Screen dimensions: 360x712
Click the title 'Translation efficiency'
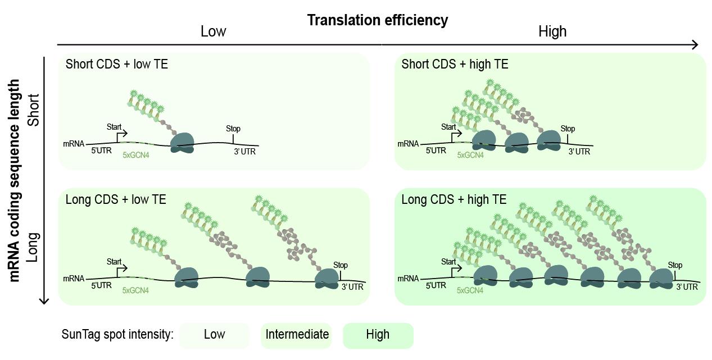point(378,21)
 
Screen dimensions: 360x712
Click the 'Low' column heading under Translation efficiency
point(213,32)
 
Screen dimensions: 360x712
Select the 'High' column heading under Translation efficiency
point(552,32)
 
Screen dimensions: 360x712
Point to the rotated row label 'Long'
point(34,247)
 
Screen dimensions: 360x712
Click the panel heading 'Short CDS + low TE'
point(117,65)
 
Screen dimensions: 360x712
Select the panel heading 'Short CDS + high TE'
point(455,65)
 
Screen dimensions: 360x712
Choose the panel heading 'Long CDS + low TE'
point(116,199)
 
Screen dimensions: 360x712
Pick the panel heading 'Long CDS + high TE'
point(454,199)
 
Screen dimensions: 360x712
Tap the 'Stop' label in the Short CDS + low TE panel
point(233,129)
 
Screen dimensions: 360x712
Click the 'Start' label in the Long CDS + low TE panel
point(115,261)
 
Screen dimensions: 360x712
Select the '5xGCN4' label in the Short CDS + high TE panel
point(470,154)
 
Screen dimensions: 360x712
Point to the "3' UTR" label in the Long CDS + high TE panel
point(687,286)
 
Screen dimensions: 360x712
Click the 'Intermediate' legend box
point(297,335)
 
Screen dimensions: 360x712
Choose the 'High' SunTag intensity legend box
point(378,335)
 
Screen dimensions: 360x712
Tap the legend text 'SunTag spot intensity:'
point(117,335)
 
